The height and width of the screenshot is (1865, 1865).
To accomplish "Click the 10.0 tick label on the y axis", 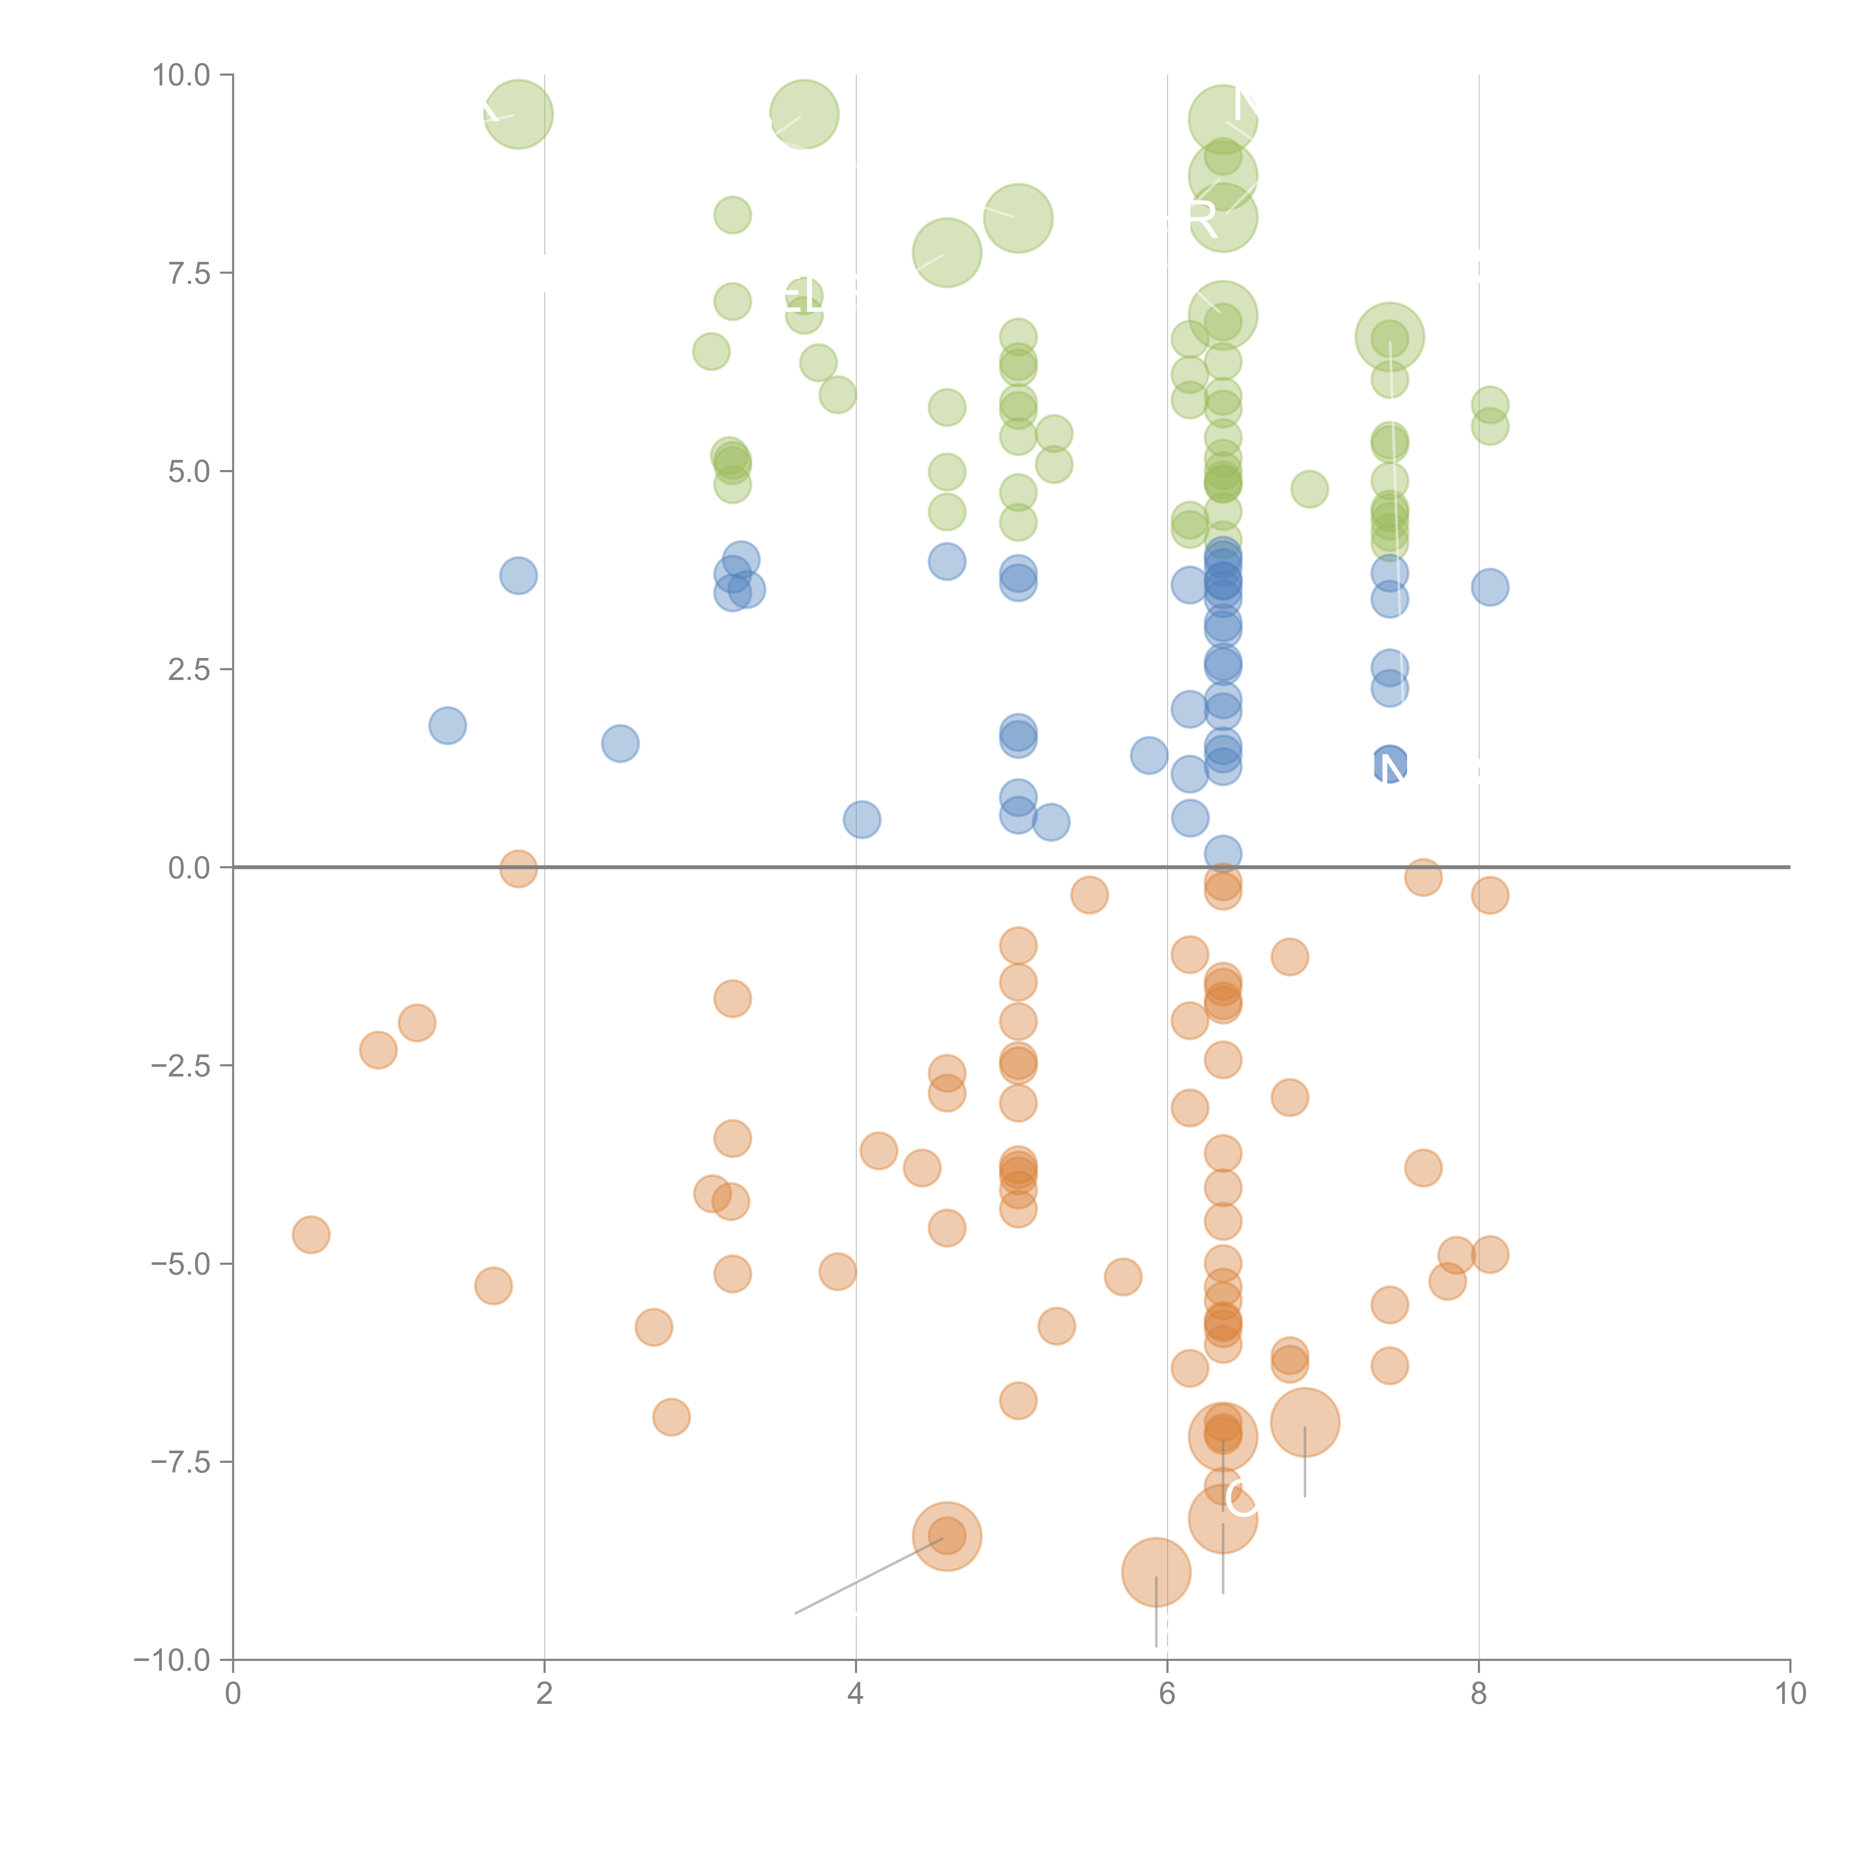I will click(182, 75).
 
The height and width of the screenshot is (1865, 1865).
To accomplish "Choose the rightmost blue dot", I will click(1491, 587).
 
